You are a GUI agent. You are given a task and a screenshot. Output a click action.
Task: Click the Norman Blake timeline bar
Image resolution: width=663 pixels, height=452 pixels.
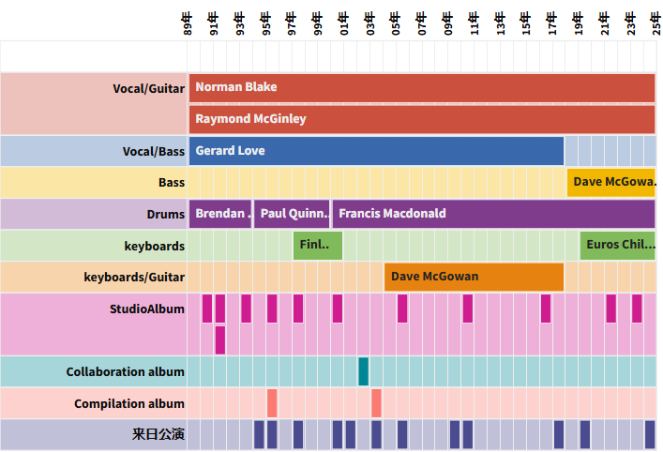(421, 87)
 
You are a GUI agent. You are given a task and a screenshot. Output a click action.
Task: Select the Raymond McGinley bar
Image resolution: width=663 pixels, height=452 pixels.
(421, 119)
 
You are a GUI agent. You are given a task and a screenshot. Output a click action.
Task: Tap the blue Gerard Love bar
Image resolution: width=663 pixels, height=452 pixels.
(376, 151)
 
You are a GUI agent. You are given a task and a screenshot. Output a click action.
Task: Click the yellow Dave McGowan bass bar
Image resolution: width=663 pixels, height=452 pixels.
(610, 182)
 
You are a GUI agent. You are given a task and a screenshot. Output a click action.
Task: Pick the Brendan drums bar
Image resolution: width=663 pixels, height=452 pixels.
(220, 214)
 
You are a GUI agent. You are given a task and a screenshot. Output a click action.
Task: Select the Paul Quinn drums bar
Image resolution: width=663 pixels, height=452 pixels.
(292, 214)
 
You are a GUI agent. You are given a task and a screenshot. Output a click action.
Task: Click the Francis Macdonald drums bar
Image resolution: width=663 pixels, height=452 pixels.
(493, 214)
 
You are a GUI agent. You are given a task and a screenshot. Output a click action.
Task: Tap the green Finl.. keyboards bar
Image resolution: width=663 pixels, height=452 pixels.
(318, 246)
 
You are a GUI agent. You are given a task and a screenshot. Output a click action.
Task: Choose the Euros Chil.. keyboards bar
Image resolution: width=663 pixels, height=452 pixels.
(617, 246)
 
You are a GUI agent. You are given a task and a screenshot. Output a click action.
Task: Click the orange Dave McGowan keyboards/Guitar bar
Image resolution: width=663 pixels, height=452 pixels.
(474, 277)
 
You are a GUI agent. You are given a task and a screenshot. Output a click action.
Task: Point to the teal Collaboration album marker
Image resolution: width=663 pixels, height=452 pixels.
(363, 371)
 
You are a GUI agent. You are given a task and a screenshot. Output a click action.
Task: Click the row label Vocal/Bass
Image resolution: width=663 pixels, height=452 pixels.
(154, 151)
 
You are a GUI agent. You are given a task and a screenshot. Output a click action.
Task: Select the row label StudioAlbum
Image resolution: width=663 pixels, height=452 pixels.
(147, 309)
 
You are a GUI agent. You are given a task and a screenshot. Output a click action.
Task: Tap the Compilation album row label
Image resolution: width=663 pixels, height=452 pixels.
(129, 404)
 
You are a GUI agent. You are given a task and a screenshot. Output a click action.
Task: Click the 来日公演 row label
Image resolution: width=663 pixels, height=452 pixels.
(158, 435)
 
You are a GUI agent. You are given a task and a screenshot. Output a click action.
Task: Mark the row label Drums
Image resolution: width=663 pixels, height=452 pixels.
(165, 214)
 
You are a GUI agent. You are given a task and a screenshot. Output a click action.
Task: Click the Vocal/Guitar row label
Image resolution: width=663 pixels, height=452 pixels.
(148, 88)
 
